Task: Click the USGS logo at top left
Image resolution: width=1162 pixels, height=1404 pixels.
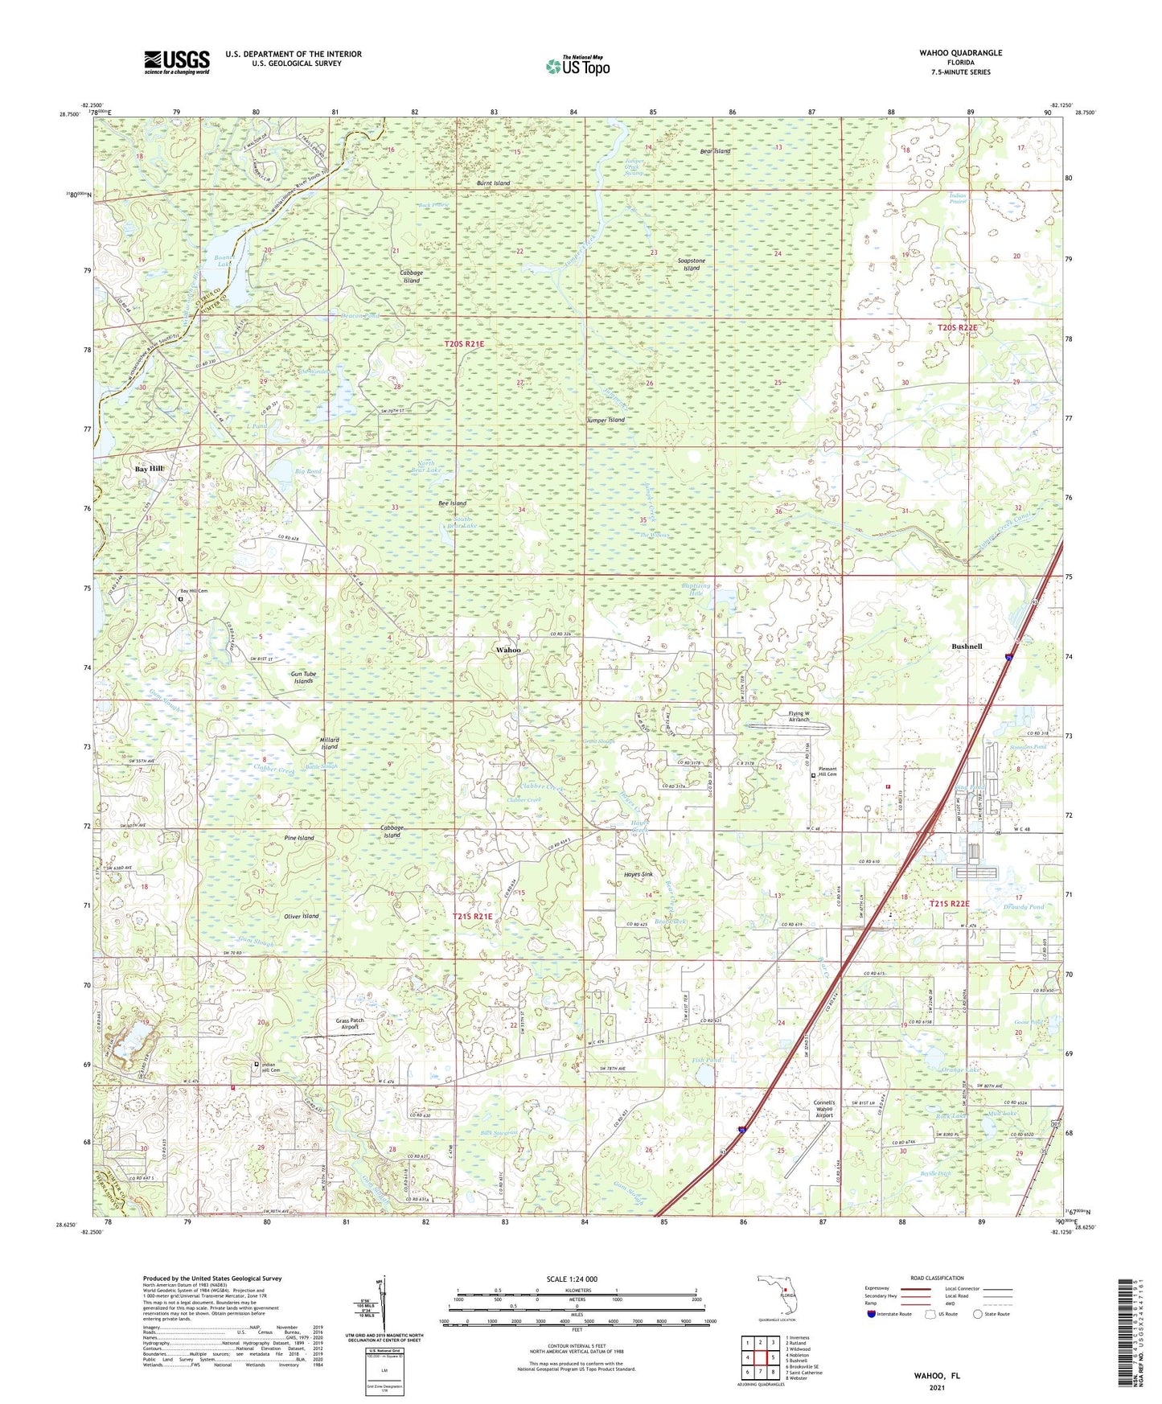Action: pyautogui.click(x=177, y=61)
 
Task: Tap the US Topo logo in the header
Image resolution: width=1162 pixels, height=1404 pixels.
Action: pyautogui.click(x=577, y=67)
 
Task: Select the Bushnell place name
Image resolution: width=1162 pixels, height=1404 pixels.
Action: pyautogui.click(x=966, y=647)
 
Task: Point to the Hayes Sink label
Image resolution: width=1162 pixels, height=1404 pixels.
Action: pyautogui.click(x=638, y=874)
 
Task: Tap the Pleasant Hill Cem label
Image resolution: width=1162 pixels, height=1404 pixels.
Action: pyautogui.click(x=833, y=771)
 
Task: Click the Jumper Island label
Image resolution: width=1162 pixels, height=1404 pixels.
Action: pyautogui.click(x=606, y=421)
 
